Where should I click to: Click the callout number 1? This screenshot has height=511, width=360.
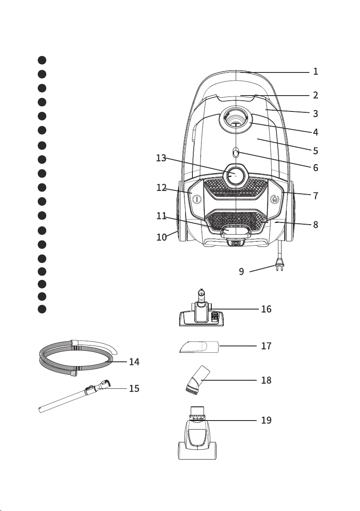coord(315,71)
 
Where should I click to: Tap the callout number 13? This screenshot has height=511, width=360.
coord(161,158)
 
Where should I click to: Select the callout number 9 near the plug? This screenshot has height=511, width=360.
coord(241,271)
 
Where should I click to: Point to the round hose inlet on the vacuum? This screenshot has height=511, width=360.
coord(236,120)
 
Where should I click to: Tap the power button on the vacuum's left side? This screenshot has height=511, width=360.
coord(197,199)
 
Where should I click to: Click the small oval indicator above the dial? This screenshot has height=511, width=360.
coord(236,152)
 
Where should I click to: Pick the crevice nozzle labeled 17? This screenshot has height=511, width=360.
coord(199,346)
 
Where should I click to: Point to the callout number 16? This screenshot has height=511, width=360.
coord(266,309)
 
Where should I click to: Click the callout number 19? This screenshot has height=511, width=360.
coord(266,421)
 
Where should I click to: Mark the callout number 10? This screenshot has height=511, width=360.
coord(162,237)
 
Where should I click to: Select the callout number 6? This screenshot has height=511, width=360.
coord(315,168)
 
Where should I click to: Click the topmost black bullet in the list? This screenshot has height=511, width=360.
coord(42,60)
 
